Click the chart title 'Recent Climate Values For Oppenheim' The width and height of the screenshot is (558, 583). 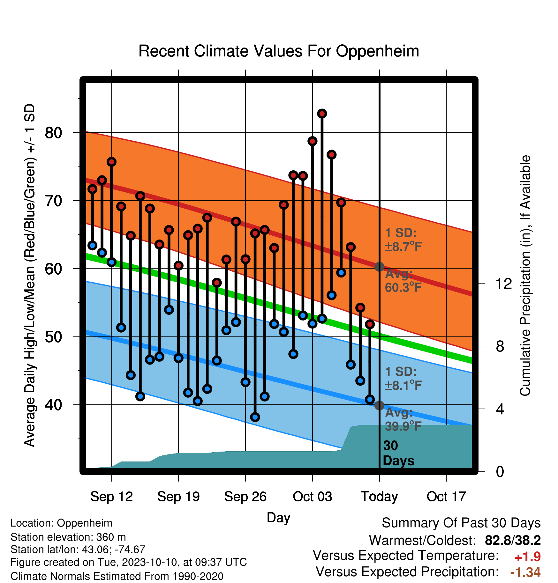pos(279,51)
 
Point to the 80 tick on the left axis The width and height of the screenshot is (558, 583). pos(53,133)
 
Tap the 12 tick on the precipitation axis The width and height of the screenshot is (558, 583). pos(504,284)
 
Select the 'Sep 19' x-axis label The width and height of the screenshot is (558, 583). pos(178,497)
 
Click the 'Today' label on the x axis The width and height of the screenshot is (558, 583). pos(379,497)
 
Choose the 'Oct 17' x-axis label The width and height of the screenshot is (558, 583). pos(446,497)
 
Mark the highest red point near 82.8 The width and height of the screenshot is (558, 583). pos(322,114)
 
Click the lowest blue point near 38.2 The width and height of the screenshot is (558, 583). pos(255,417)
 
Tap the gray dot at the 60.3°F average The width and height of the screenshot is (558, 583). pos(379,267)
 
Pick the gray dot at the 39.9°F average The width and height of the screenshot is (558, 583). pos(379,405)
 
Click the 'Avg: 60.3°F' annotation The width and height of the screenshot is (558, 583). pos(403,281)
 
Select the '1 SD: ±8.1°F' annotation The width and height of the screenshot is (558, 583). pos(403,379)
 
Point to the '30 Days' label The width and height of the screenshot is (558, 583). pos(398,453)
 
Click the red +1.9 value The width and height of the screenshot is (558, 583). pos(528,557)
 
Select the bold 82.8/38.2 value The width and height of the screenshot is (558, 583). pos(513,540)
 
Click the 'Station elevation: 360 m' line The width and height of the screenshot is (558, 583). pos(68,537)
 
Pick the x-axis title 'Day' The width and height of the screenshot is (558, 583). pos(278,518)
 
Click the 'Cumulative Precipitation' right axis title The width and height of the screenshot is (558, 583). pos(525,276)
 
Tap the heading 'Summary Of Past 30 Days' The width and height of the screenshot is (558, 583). pos(461,523)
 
